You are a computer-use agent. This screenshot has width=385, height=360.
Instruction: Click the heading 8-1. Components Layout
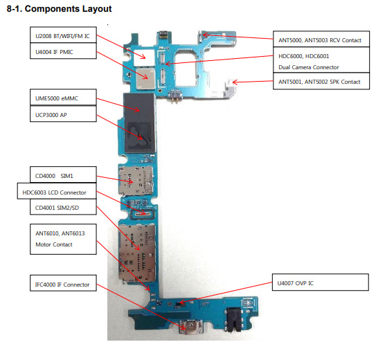click(59, 9)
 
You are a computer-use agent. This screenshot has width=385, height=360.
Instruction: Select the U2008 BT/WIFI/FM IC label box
click(63, 35)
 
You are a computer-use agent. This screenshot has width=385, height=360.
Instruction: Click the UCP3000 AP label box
click(63, 114)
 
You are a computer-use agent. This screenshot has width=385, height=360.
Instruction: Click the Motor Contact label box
click(63, 239)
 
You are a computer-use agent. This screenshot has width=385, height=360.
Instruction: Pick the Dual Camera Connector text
click(309, 67)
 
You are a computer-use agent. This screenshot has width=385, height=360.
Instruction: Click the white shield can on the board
click(144, 57)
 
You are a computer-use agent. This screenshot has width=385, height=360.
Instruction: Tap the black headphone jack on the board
click(234, 319)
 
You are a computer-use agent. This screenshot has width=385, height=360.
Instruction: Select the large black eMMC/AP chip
click(139, 123)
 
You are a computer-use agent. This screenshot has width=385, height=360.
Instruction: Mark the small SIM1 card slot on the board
click(136, 180)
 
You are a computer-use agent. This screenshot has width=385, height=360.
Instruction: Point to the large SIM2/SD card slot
click(137, 252)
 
